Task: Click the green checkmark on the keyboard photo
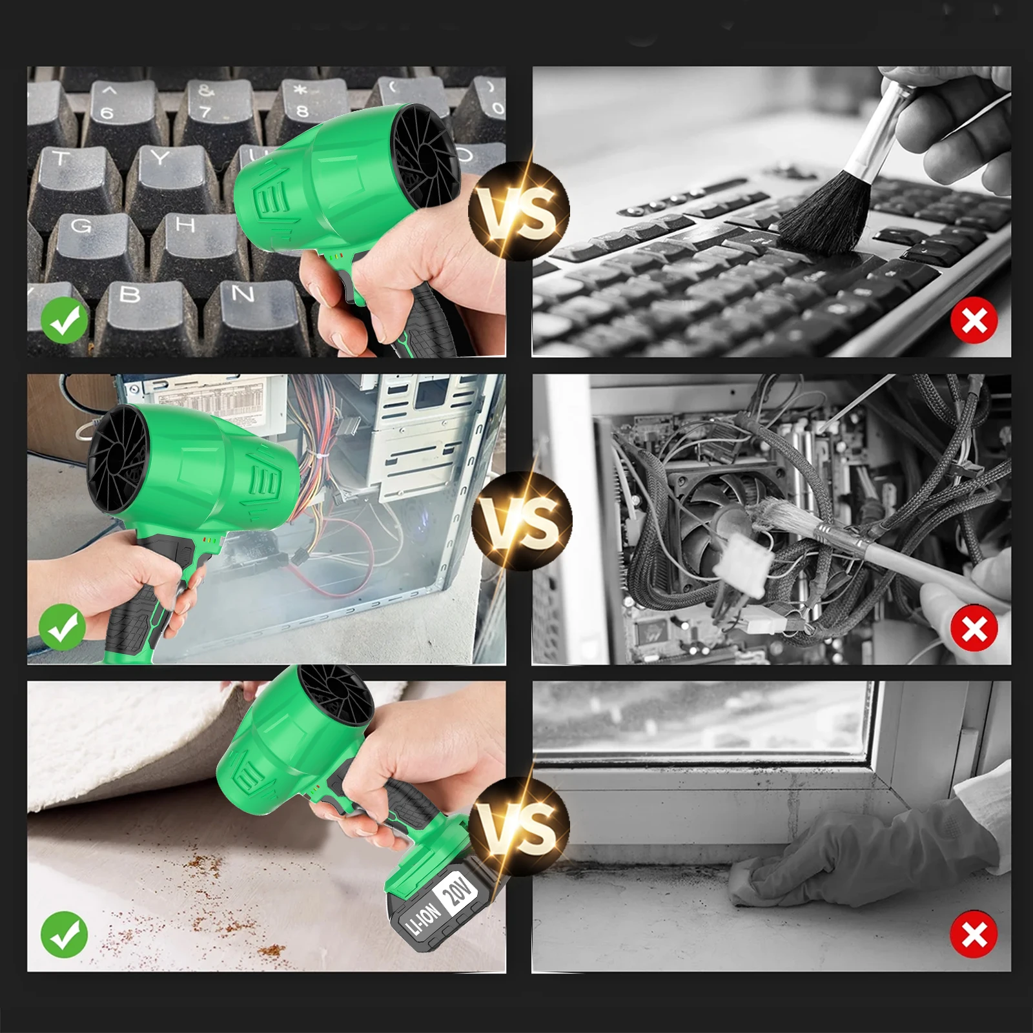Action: pyautogui.click(x=65, y=320)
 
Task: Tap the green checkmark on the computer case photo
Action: pyautogui.click(x=63, y=628)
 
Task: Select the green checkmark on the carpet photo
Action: pyautogui.click(x=65, y=934)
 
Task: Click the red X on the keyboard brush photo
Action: pyautogui.click(x=974, y=320)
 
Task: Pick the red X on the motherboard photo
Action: pyautogui.click(x=974, y=628)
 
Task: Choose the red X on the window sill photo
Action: pyautogui.click(x=974, y=934)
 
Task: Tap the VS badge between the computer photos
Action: pyautogui.click(x=522, y=520)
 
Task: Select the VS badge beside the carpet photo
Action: pyautogui.click(x=520, y=827)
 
